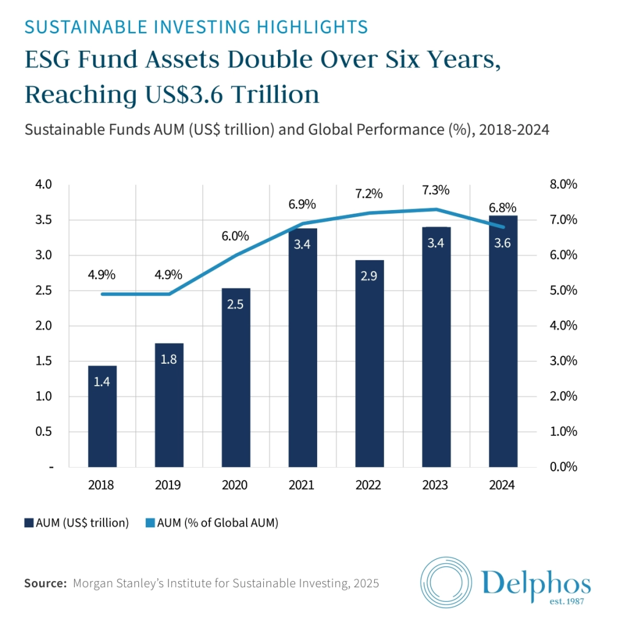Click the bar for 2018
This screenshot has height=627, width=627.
click(102, 416)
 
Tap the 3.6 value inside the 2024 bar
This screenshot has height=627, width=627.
click(503, 243)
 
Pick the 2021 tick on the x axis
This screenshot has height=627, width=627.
click(302, 485)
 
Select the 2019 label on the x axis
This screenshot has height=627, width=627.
click(168, 485)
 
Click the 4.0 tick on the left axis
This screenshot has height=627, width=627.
click(45, 185)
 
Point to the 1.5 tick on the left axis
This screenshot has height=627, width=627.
click(45, 361)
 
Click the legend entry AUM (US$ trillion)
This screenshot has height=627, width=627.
click(77, 523)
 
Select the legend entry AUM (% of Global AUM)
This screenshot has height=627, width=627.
click(211, 523)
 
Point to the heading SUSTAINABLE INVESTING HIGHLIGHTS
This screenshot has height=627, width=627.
click(196, 27)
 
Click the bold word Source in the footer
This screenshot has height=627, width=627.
click(45, 584)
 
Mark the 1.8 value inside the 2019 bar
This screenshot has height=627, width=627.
click(168, 359)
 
